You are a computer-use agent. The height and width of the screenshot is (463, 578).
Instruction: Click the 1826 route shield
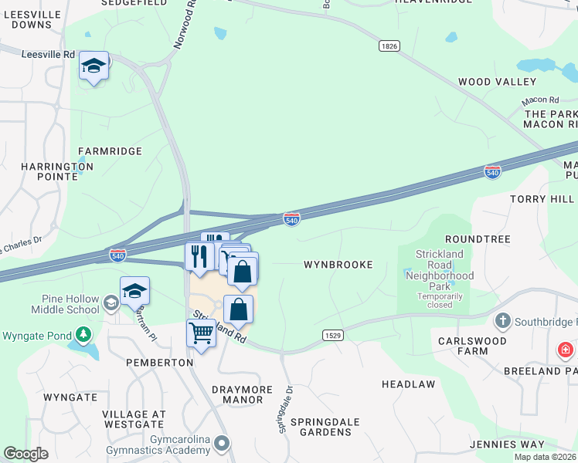(389, 46)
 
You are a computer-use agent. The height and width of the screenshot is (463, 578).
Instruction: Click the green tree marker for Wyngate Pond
(83, 335)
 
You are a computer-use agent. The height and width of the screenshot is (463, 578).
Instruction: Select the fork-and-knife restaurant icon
(199, 255)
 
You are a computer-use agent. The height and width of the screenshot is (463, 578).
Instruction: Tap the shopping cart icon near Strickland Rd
(201, 333)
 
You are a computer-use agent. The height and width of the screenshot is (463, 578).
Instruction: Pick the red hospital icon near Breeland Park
(566, 351)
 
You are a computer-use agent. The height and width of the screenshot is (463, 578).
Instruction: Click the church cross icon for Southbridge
(502, 320)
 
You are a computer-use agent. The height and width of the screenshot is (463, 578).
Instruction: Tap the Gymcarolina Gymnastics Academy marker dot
(223, 443)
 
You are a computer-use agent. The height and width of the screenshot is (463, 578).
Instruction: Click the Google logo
(25, 454)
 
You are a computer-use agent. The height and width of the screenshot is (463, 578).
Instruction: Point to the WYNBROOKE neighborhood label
(338, 265)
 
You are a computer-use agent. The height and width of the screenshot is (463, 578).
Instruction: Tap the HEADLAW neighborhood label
(408, 384)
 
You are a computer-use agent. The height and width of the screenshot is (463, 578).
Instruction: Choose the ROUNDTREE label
(478, 239)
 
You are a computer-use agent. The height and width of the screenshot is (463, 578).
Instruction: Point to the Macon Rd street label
(539, 100)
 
